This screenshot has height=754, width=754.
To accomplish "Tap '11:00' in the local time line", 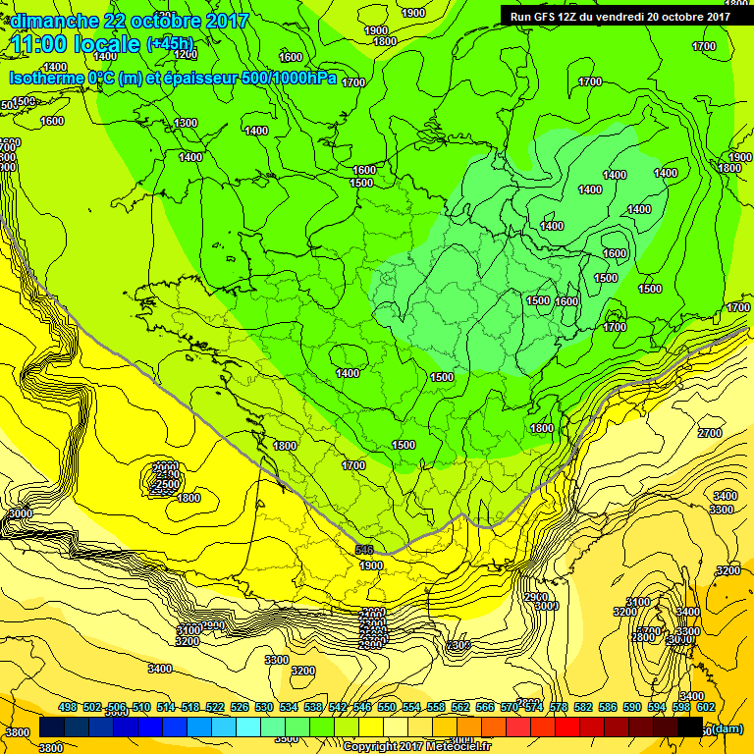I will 42,43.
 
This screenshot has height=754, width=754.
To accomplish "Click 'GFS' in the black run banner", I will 546,16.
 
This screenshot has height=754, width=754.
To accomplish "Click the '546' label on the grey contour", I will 364,551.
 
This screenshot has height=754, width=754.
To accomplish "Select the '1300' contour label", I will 186,123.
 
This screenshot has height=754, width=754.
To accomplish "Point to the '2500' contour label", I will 167,484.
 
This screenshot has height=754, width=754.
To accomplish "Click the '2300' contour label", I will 458,645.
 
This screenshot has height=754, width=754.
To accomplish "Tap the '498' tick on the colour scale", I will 68,707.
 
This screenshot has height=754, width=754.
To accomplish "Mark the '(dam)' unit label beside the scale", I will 727,727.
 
